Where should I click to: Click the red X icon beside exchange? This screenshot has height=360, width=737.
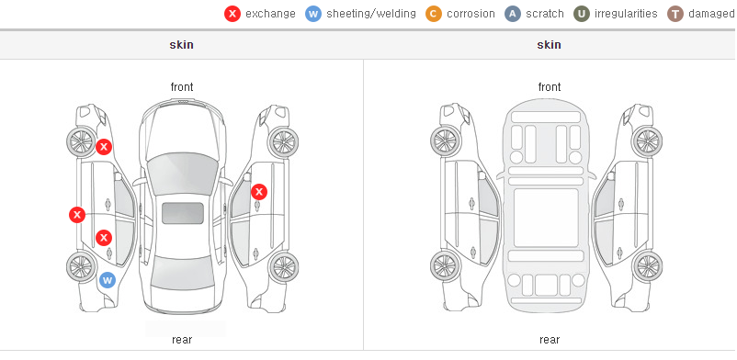[232, 14]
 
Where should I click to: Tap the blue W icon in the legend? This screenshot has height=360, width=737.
[313, 14]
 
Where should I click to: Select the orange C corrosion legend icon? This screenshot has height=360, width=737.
[434, 14]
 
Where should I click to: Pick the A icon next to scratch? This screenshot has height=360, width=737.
[513, 14]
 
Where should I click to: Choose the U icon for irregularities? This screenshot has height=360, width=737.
[582, 14]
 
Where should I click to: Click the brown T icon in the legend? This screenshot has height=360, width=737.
[675, 14]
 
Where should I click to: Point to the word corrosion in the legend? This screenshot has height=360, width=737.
[471, 14]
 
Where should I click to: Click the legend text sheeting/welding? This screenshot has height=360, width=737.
[371, 14]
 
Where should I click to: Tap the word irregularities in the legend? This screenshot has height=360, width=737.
[626, 14]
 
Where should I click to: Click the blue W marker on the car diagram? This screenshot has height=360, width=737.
[108, 281]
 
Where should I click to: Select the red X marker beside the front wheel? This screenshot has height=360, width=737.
[104, 147]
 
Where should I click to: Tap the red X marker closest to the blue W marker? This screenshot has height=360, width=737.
[104, 238]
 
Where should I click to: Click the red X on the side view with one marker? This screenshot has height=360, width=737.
[259, 192]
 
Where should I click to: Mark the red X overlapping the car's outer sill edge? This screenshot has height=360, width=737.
[77, 215]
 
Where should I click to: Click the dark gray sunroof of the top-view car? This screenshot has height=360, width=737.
[183, 213]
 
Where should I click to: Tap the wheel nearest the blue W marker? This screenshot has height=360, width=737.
[81, 266]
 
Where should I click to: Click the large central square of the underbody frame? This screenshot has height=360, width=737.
[546, 218]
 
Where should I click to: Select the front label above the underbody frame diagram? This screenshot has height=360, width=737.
[550, 87]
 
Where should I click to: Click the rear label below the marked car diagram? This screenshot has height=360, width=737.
[182, 340]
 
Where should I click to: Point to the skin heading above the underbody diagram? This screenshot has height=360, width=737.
[549, 45]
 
